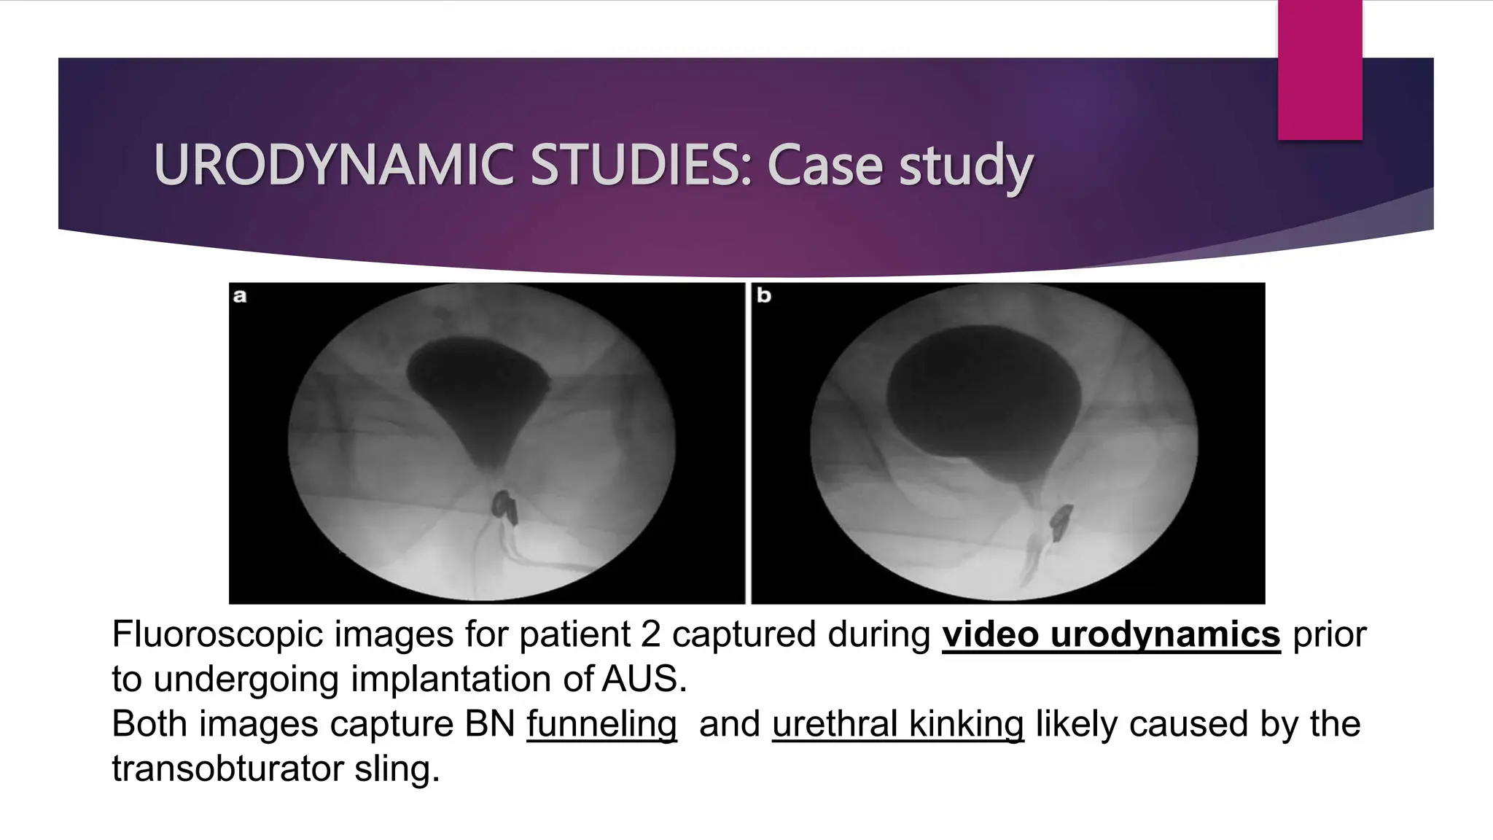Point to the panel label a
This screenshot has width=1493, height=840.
[x=240, y=297]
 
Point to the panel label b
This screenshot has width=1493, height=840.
[x=763, y=296]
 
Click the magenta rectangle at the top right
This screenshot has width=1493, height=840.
[x=1319, y=69]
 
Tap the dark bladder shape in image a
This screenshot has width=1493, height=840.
[x=477, y=386]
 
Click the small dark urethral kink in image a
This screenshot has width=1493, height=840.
[x=505, y=507]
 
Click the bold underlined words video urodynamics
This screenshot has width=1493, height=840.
[x=1111, y=634]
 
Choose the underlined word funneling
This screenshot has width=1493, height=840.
[x=601, y=724]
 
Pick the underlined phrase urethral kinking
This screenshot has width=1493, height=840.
[x=897, y=724]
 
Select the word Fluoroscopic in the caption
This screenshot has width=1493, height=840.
[x=217, y=634]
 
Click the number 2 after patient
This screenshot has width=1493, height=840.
[x=651, y=634]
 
